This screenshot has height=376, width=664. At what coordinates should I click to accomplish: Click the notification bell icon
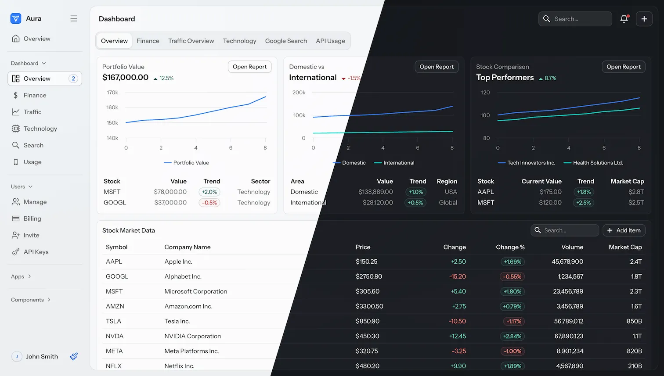pyautogui.click(x=624, y=19)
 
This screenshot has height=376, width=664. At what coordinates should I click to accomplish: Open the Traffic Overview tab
pyautogui.click(x=191, y=41)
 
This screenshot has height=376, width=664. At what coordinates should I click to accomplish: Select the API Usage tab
pyautogui.click(x=330, y=41)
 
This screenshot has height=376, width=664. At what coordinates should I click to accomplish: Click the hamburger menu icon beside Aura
pyautogui.click(x=73, y=18)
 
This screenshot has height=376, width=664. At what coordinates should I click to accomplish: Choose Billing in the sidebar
pyautogui.click(x=32, y=218)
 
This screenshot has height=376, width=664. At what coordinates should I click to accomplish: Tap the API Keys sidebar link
pyautogui.click(x=36, y=252)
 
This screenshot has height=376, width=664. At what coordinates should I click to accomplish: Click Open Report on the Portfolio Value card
pyautogui.click(x=249, y=67)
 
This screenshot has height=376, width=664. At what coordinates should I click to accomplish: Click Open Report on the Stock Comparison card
pyautogui.click(x=624, y=67)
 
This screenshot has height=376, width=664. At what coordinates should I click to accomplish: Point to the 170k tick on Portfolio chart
pyautogui.click(x=112, y=93)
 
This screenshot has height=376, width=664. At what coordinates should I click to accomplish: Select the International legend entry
pyautogui.click(x=394, y=163)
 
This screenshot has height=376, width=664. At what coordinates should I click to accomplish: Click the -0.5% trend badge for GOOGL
pyautogui.click(x=209, y=203)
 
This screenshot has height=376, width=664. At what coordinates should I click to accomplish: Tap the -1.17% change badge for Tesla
pyautogui.click(x=514, y=321)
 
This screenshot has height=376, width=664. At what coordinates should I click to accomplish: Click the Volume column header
pyautogui.click(x=572, y=247)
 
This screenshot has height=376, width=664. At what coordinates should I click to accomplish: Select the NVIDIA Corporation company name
pyautogui.click(x=193, y=337)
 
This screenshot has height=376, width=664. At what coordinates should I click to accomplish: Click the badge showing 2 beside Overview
pyautogui.click(x=73, y=79)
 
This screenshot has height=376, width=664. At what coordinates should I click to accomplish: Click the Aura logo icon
pyautogui.click(x=16, y=18)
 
